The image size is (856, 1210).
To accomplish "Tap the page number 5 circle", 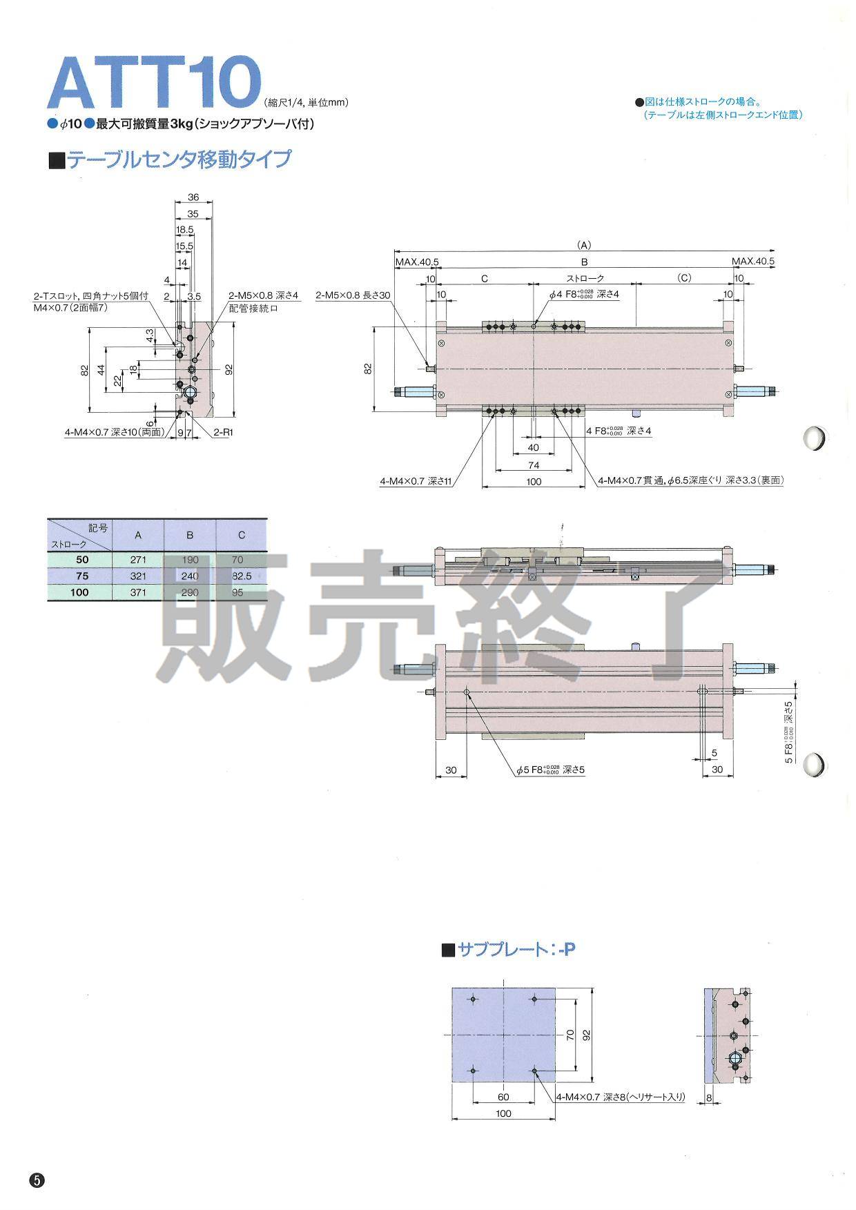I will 37,1180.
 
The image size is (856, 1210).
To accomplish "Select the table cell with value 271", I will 138,560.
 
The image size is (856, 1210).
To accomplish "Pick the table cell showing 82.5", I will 242,576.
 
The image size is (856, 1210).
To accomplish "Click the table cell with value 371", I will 138,592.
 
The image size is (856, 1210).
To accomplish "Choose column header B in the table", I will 190,535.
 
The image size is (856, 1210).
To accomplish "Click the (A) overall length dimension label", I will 584,244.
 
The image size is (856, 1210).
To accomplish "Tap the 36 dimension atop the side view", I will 193,197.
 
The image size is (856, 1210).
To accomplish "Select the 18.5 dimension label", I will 184,229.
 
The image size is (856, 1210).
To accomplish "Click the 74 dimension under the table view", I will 533,465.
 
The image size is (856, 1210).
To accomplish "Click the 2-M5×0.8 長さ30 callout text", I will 353,295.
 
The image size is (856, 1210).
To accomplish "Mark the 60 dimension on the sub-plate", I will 503,1097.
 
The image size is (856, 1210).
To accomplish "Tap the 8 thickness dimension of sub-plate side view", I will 709,1097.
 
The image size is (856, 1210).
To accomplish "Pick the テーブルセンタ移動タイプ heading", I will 178,159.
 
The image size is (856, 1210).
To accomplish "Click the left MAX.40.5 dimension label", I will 417,262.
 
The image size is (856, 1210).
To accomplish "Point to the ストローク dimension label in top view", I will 585,278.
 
